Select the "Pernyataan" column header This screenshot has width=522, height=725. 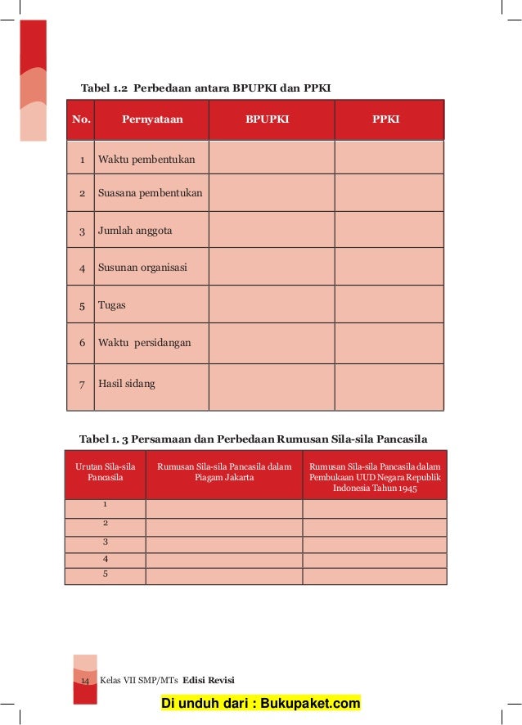click(x=152, y=119)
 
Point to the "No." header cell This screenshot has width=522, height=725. click(x=81, y=119)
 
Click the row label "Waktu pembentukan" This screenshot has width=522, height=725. click(x=146, y=159)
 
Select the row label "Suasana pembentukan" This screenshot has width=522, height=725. click(x=151, y=194)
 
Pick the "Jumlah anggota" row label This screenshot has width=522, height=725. click(x=135, y=231)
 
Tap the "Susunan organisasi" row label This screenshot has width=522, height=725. click(x=142, y=268)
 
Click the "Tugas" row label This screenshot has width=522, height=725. click(x=112, y=305)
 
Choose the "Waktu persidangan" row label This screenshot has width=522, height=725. click(x=144, y=343)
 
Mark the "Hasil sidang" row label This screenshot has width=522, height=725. click(x=127, y=383)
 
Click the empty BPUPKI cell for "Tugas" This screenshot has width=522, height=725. click(x=271, y=305)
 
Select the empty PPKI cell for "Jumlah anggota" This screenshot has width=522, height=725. click(x=389, y=231)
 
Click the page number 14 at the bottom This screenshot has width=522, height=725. click(x=84, y=681)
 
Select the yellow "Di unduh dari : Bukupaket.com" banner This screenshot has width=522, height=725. click(x=260, y=704)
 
